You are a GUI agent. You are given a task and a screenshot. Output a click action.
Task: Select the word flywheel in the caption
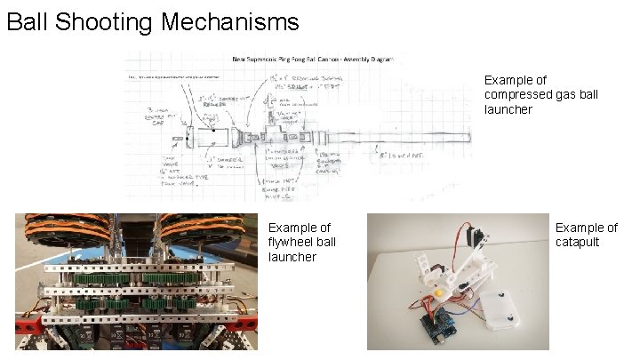point(292,243)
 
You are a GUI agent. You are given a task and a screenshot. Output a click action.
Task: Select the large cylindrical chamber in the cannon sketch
point(213,138)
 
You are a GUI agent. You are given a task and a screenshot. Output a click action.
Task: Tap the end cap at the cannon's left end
point(190,138)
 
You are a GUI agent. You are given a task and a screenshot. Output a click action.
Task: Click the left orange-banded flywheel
point(71,233)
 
